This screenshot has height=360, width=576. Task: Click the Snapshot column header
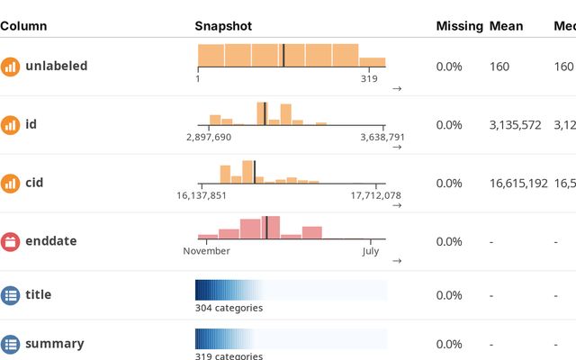[223, 27]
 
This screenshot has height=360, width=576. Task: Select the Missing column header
[459, 27]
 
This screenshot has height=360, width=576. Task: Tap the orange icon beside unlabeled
[10, 67]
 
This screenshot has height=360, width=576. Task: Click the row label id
[31, 124]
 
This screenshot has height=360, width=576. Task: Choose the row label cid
[33, 183]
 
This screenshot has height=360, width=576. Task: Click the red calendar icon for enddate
[10, 241]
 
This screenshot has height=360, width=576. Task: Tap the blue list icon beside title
[10, 294]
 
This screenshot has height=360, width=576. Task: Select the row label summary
[55, 344]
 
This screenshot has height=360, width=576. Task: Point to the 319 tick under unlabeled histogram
[369, 79]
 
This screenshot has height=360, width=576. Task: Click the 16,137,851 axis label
[202, 195]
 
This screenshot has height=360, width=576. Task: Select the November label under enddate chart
[206, 251]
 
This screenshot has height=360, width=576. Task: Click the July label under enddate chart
[370, 251]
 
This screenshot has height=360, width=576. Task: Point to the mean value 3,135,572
[516, 125]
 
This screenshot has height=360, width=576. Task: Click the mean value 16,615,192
[518, 184]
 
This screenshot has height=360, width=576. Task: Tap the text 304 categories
[229, 308]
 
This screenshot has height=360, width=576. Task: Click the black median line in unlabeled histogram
[283, 55]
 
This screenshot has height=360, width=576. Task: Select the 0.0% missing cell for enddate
[449, 242]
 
